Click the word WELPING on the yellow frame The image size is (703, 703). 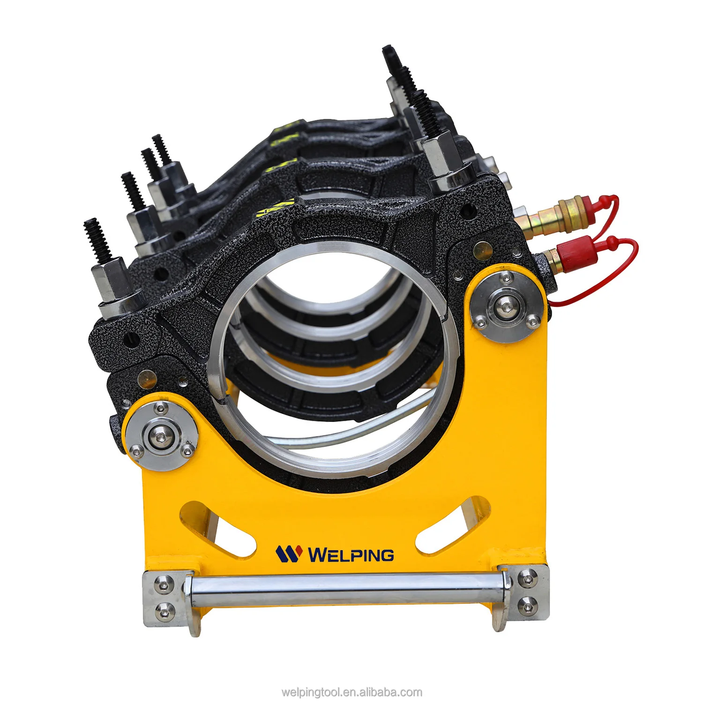[351, 555]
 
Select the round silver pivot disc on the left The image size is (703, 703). [161, 435]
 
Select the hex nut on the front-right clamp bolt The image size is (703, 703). [441, 155]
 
